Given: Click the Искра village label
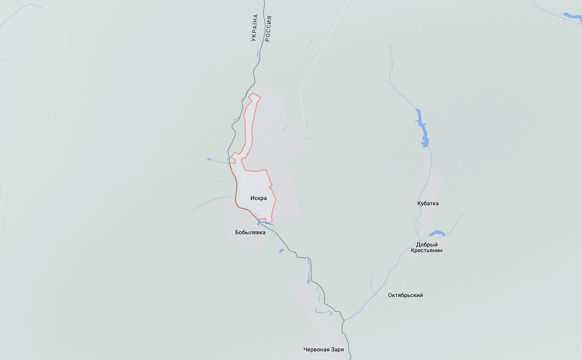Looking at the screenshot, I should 258,198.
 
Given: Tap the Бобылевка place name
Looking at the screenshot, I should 250,232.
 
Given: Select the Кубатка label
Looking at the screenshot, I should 428,203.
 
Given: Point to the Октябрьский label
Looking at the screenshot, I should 405,295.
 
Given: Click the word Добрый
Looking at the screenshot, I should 427,245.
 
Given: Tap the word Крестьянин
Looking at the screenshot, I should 427,251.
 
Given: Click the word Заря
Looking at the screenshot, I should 337,350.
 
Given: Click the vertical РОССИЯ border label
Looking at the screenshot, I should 268,28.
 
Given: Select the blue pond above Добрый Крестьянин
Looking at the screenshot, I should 437,233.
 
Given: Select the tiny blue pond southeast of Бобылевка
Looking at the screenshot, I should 282,251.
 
